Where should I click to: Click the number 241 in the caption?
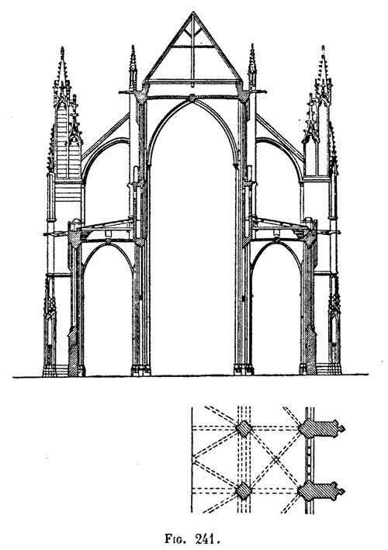click(x=204, y=538)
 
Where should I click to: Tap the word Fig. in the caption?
click(x=176, y=539)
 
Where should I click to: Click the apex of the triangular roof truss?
click(x=192, y=12)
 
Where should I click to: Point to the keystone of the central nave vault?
click(x=192, y=98)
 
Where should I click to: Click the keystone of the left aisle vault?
click(x=108, y=241)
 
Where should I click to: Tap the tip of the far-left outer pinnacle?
click(x=62, y=47)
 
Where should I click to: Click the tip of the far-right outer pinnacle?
click(x=323, y=47)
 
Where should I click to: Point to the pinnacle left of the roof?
click(x=133, y=67)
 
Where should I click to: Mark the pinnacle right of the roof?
click(x=252, y=67)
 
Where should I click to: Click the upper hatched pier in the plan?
click(x=243, y=429)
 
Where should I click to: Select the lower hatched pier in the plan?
click(x=243, y=491)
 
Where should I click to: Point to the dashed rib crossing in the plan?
click(x=276, y=458)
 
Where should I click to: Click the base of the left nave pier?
click(x=141, y=370)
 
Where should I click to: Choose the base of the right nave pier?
click(x=244, y=370)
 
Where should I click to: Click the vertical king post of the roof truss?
click(x=192, y=50)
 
